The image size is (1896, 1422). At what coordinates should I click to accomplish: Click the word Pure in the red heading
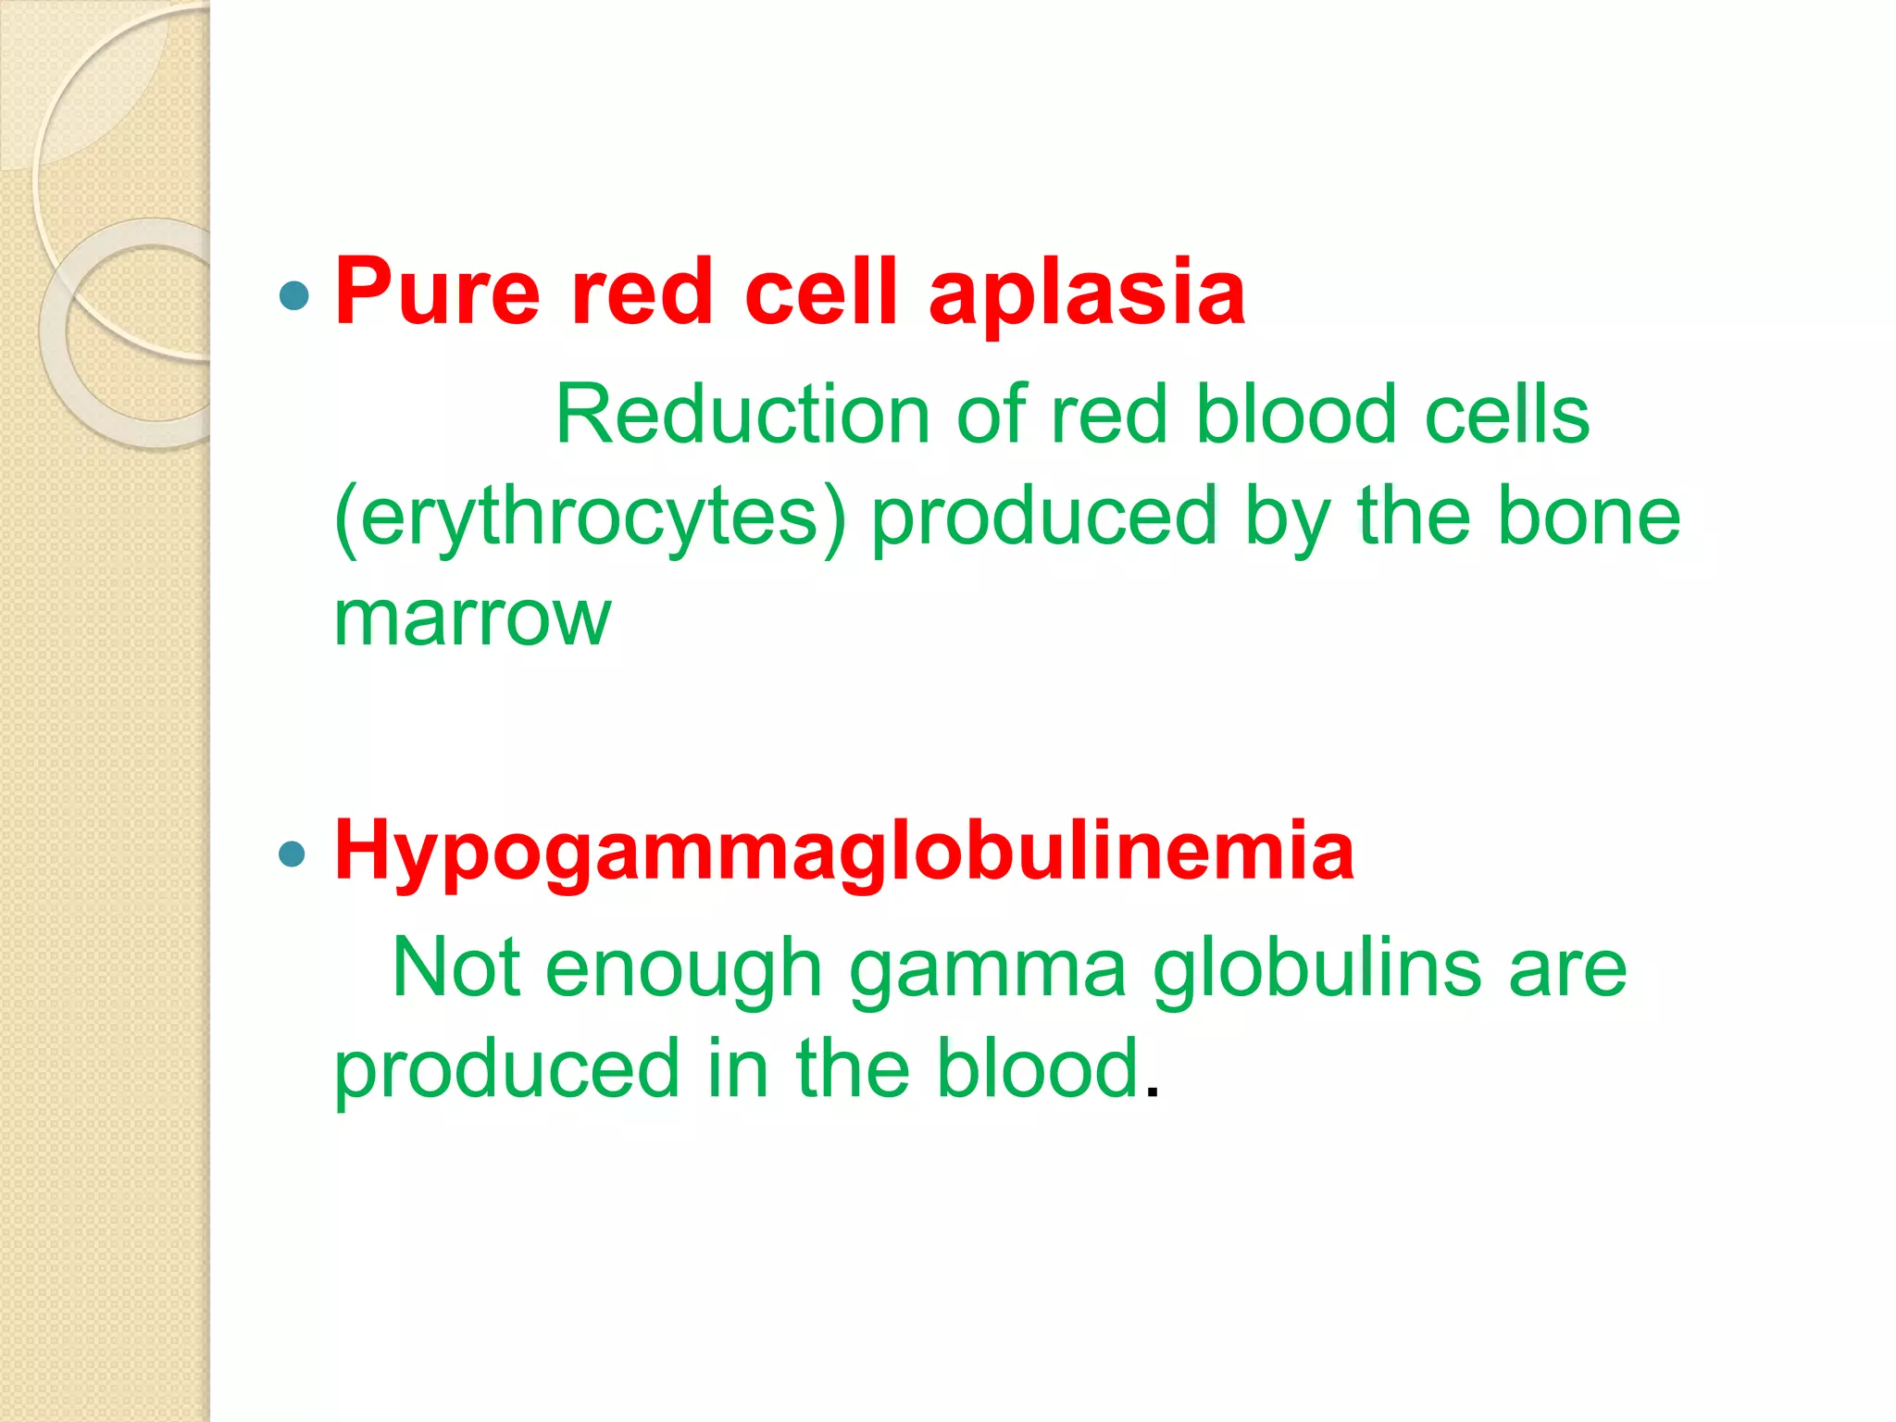[x=436, y=294]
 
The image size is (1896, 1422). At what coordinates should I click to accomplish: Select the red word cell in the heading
[x=820, y=293]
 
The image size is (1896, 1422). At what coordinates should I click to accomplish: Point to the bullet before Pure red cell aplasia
[x=293, y=296]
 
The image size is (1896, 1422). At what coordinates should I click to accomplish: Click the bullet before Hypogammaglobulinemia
[x=292, y=854]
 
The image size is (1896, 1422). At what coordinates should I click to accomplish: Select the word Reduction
[x=742, y=416]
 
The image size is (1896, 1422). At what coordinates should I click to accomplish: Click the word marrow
[x=472, y=618]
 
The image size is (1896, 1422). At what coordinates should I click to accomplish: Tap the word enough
[x=683, y=970]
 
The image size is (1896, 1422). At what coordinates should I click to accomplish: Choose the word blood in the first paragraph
[x=1295, y=416]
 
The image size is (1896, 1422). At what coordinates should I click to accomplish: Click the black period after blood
[x=1152, y=1093]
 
